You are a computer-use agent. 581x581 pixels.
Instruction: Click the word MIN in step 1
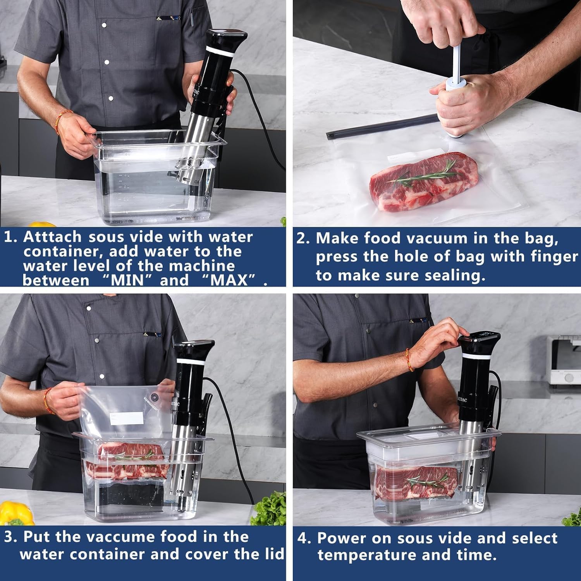tap(128, 280)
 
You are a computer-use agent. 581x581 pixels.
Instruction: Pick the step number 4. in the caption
tap(304, 538)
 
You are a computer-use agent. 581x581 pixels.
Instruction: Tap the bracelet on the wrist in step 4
tap(409, 359)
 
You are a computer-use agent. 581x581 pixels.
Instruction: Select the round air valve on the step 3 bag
tap(154, 398)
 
